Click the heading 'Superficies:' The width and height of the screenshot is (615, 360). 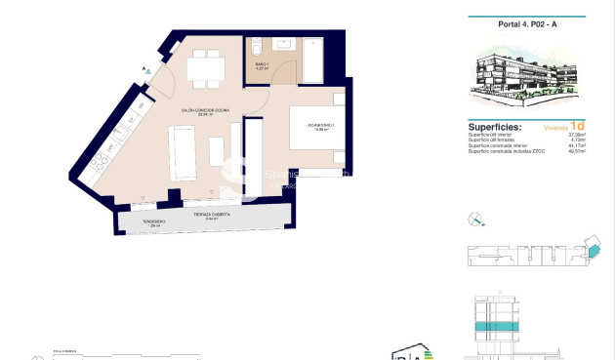(494, 127)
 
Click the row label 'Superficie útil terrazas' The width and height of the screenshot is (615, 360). (494, 140)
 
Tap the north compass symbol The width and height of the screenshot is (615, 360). (474, 219)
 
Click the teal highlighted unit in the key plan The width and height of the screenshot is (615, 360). (589, 248)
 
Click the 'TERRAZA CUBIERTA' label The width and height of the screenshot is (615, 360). (205, 216)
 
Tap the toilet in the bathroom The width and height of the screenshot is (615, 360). (255, 46)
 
